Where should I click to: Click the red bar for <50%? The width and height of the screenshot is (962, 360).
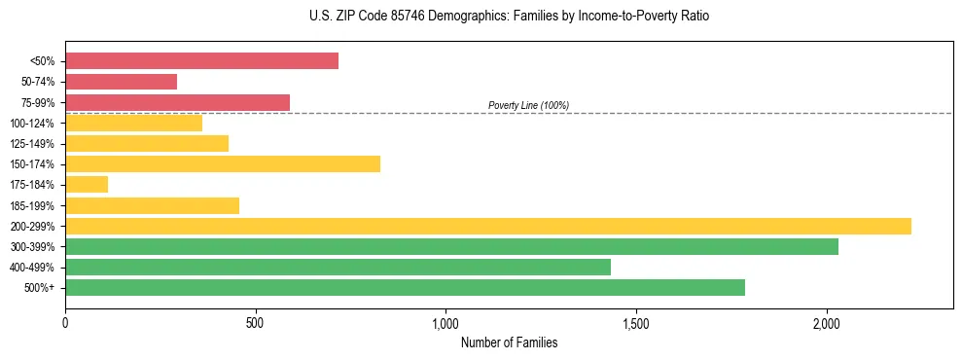(x=201, y=61)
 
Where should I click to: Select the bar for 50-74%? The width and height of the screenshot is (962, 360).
(x=121, y=82)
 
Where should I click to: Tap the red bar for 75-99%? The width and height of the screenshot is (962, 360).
(x=177, y=102)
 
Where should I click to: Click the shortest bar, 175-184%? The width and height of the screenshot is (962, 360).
(x=87, y=184)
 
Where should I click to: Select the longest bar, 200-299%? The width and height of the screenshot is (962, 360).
(x=488, y=226)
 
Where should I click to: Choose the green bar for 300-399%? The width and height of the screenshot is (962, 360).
(x=451, y=246)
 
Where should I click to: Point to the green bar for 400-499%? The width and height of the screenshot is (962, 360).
(x=338, y=267)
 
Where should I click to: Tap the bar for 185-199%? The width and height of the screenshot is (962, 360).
(x=152, y=205)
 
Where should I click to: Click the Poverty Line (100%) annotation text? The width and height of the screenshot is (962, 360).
(x=528, y=105)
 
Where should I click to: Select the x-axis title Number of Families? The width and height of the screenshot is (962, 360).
(x=509, y=342)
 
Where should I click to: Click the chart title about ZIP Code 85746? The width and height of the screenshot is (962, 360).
(x=509, y=17)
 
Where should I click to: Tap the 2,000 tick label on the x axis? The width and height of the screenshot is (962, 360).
(x=826, y=323)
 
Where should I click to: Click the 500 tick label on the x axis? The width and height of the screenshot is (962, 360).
(x=255, y=323)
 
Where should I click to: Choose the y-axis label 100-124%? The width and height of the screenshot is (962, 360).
(x=32, y=124)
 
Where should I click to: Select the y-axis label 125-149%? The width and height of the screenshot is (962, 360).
(x=32, y=144)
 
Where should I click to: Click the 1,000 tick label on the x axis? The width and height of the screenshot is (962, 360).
(x=445, y=323)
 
